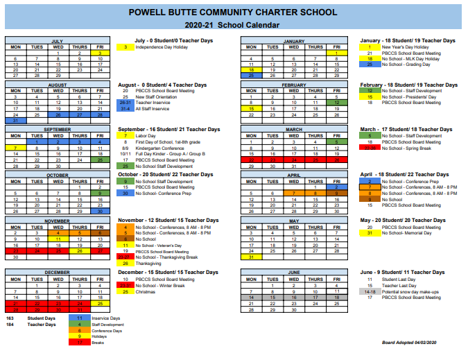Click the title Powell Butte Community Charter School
pos(234,12)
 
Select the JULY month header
pos(58,41)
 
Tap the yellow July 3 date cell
pos(101,53)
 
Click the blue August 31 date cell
pos(15,120)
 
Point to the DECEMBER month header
pos(58,273)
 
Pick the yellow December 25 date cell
pos(101,303)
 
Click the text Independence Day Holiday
pos(162,47)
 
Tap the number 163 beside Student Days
pos(10,318)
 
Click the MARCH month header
pos(293,129)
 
